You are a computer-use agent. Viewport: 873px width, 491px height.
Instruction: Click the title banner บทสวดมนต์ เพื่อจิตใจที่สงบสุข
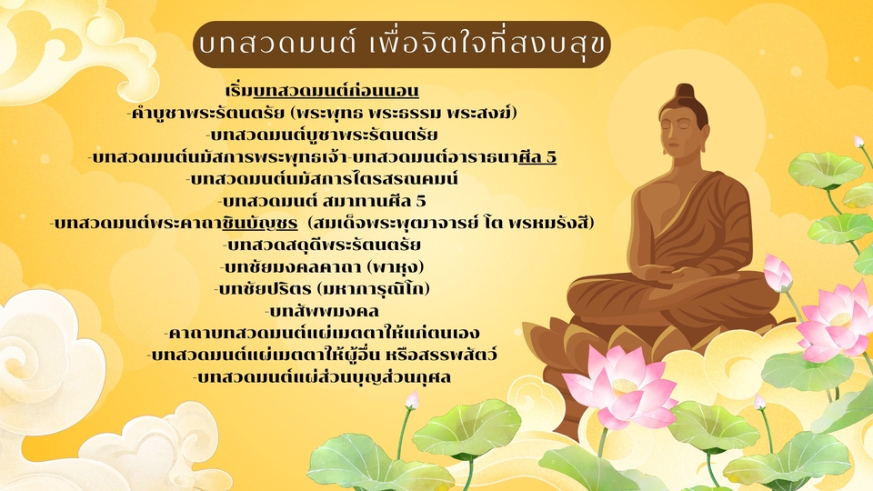pos(401,45)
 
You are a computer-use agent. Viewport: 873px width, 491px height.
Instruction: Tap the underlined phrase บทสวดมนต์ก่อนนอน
pos(336,92)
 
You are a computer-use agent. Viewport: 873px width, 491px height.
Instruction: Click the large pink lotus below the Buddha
pos(624,386)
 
